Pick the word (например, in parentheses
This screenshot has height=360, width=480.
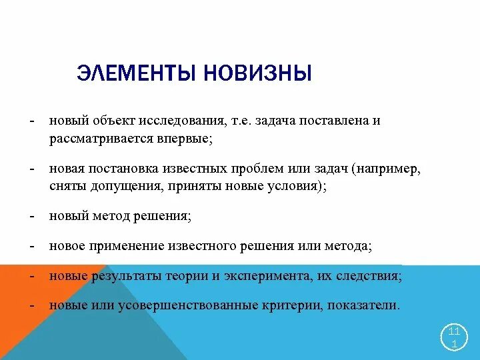(388, 169)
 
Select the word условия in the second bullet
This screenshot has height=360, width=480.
(297, 187)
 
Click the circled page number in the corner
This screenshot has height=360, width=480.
(454, 337)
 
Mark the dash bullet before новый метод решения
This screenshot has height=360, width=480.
(31, 217)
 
